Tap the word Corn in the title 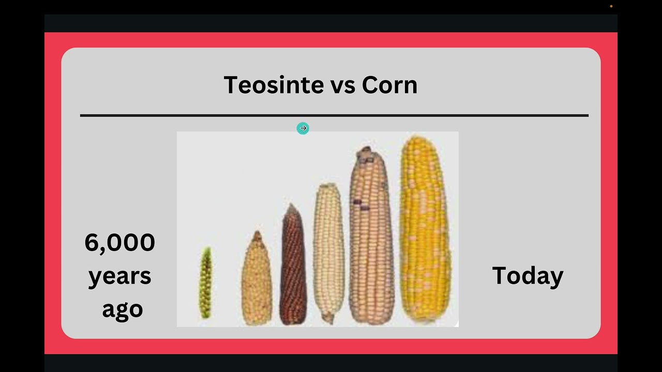[x=389, y=85]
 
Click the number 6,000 [x=119, y=242]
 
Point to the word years [x=119, y=276]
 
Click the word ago [x=122, y=309]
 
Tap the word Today [x=527, y=276]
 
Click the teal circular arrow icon [x=303, y=128]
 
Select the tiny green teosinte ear [x=206, y=283]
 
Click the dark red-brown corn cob [x=293, y=269]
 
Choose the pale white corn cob [x=328, y=251]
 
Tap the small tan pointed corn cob [x=257, y=282]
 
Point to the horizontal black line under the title [x=334, y=116]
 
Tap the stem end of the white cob [x=327, y=319]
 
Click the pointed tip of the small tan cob [x=257, y=234]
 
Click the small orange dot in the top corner [x=611, y=6]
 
